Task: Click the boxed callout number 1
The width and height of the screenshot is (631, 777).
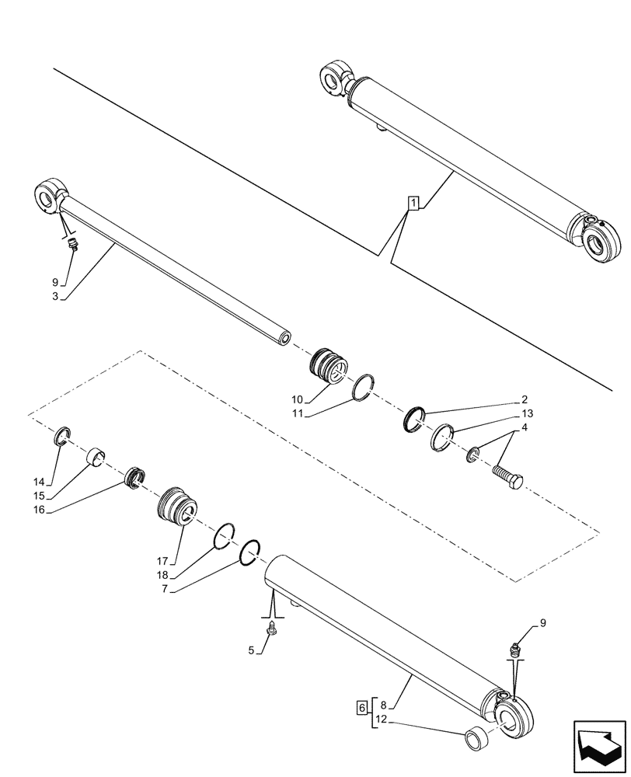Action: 414,204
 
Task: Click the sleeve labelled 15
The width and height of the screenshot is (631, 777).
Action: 96,455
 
